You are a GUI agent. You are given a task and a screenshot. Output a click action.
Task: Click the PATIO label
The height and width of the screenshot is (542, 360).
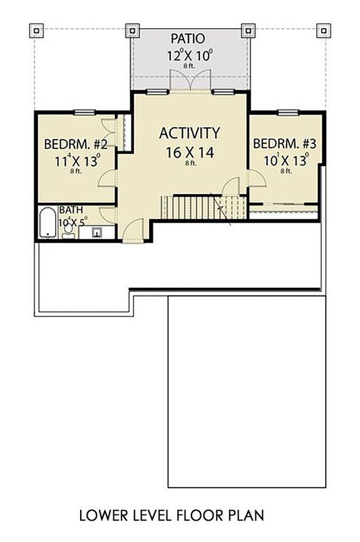(191, 39)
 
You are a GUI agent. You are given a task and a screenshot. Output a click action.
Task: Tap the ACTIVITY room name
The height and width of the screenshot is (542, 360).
(189, 133)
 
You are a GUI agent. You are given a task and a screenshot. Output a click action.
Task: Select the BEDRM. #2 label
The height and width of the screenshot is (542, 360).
(76, 145)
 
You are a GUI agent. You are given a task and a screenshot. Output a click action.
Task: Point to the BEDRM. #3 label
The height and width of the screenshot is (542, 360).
(284, 144)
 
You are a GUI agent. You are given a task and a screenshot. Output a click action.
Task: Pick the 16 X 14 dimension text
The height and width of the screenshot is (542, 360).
(189, 151)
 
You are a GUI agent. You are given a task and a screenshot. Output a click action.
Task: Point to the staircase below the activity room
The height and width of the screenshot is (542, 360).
(194, 207)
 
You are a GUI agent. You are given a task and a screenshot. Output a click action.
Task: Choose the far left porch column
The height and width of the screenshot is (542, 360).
(37, 30)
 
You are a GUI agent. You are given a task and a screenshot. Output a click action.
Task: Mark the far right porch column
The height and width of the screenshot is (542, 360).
(322, 30)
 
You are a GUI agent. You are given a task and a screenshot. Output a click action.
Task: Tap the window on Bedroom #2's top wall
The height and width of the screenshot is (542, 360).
(83, 113)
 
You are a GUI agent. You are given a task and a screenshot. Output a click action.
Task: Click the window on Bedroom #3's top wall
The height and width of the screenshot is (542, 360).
(287, 113)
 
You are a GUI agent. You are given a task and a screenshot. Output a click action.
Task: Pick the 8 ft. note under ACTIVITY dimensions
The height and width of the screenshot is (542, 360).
(190, 163)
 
